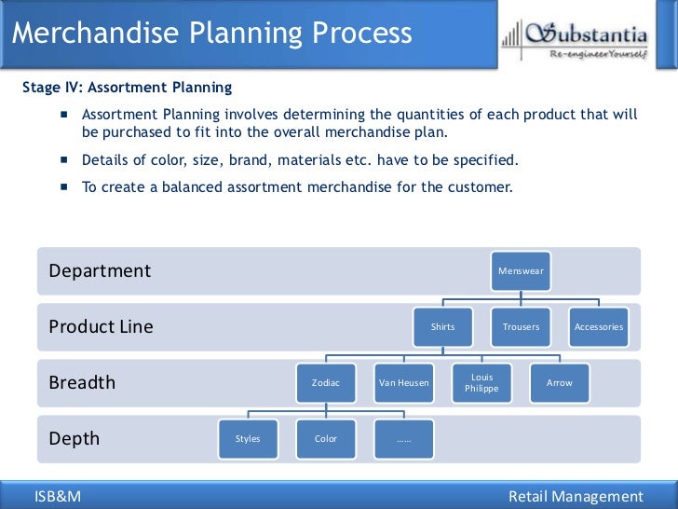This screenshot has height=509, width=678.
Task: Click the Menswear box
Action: click(521, 270)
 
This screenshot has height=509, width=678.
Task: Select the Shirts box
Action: click(442, 326)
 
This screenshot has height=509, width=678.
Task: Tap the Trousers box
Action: click(521, 326)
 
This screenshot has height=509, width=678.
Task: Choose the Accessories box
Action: click(599, 326)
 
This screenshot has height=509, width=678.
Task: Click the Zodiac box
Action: click(325, 382)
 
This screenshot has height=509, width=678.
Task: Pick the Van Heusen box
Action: click(403, 382)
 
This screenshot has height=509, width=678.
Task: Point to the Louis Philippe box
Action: click(481, 382)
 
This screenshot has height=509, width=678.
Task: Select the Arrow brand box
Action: click(560, 382)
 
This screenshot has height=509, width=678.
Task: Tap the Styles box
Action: click(247, 438)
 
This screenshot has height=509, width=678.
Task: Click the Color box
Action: click(325, 438)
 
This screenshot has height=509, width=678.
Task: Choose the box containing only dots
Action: click(403, 438)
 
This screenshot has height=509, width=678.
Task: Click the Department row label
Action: click(100, 271)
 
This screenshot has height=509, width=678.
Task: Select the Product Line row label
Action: click(101, 327)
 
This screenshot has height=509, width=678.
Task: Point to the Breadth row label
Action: click(82, 383)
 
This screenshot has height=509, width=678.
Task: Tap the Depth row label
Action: click(74, 439)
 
